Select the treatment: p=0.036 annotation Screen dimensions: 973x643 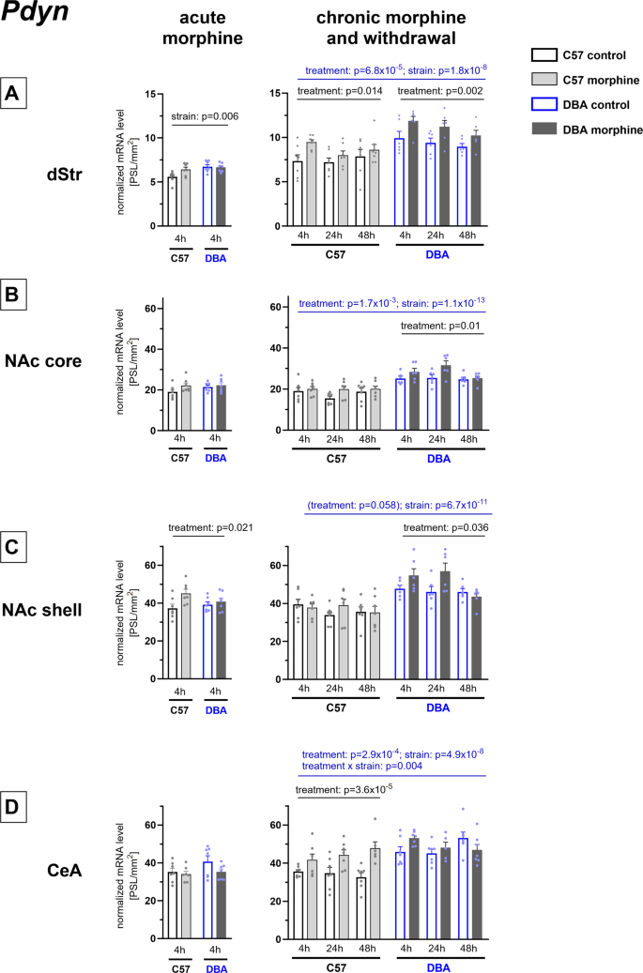click(x=443, y=527)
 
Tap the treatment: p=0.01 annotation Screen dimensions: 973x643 click(x=440, y=326)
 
